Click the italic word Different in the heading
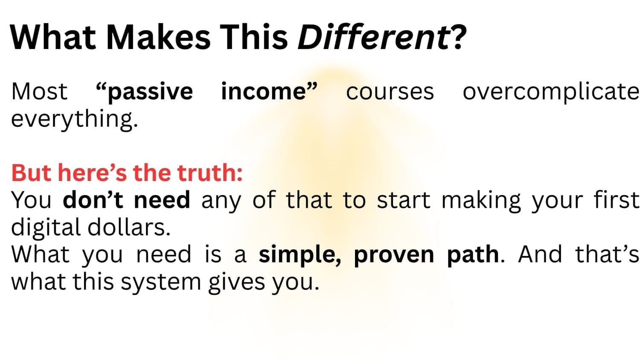click(x=373, y=37)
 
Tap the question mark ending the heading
click(x=458, y=37)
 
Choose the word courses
click(x=390, y=92)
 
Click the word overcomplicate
click(x=551, y=92)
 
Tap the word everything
click(x=74, y=119)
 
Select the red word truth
click(x=210, y=173)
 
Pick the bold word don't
click(x=93, y=200)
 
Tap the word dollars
click(x=129, y=227)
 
